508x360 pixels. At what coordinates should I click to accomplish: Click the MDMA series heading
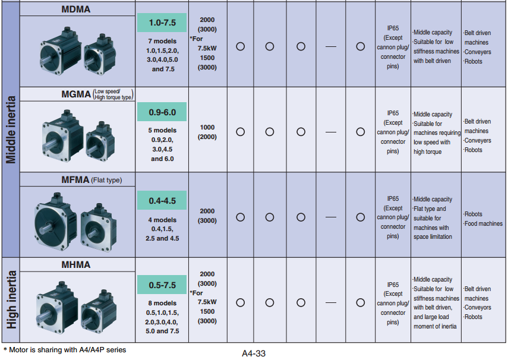(x=76, y=9)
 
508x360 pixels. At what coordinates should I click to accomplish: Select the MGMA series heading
(x=76, y=94)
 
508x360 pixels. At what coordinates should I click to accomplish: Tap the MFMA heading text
(x=75, y=179)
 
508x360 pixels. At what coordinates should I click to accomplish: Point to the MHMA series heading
(x=76, y=265)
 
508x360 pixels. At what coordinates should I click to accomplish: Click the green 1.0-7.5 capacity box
(x=162, y=23)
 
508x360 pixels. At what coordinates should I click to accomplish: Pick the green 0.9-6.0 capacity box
(x=162, y=112)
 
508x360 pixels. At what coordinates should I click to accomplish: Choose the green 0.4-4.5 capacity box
(x=162, y=201)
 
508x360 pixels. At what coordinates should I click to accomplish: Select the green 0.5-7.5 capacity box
(x=162, y=285)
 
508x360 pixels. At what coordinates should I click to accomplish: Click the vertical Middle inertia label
(x=11, y=130)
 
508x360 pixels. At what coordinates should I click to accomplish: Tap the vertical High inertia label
(x=11, y=300)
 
